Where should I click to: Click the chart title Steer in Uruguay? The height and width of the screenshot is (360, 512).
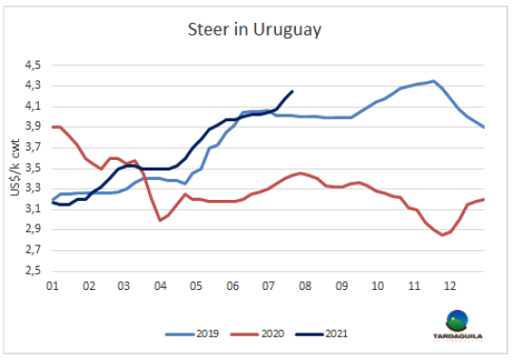point(254,30)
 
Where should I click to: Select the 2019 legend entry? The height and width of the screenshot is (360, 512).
point(192,333)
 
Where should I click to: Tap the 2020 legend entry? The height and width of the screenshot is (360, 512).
point(257,333)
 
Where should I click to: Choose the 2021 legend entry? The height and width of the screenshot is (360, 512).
point(321,333)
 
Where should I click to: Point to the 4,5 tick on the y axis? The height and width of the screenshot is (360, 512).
point(33,65)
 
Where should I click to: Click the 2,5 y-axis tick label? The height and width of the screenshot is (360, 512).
point(33,271)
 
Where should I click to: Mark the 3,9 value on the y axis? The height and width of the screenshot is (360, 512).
point(33,127)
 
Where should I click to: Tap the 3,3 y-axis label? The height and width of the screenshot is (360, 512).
point(33,189)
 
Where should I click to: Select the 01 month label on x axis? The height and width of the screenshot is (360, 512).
point(52,286)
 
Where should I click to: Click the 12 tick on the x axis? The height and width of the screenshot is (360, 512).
point(450,286)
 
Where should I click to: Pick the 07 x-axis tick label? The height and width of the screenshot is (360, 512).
point(268,286)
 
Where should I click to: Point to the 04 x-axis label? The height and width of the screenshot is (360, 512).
point(160,286)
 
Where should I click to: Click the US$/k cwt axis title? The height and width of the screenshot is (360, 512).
point(15,168)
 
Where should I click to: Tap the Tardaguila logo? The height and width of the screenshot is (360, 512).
point(458,325)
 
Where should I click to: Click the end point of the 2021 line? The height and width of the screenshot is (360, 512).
point(292,91)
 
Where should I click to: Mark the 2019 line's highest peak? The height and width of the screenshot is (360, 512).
point(433,81)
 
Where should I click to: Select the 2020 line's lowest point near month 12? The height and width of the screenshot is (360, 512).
point(443,235)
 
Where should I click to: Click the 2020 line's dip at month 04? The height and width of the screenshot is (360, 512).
point(160,221)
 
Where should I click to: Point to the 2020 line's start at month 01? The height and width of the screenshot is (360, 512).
point(52,127)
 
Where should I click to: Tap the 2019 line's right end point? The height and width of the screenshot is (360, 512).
point(484,127)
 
